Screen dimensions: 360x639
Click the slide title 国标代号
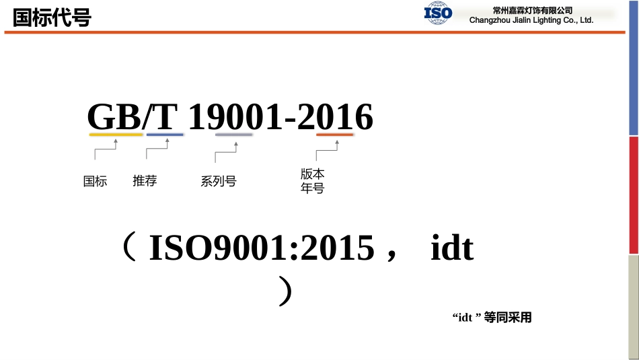[x=52, y=17]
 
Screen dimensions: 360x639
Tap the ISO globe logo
[x=438, y=13]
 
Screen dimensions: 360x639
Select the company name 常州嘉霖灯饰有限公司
[x=532, y=10]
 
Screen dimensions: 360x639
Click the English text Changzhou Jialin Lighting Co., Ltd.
[x=531, y=20]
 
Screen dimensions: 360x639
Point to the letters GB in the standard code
[x=114, y=118]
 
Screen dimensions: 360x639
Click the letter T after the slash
[x=165, y=118]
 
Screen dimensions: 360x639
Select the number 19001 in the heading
[x=235, y=118]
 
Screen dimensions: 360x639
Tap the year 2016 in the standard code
[x=335, y=118]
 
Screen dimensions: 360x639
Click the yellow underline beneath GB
[x=116, y=135]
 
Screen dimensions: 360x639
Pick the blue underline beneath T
[x=165, y=135]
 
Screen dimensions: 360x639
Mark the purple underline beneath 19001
[x=233, y=135]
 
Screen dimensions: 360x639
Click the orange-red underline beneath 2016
[x=335, y=135]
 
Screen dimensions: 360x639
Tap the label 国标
[x=95, y=181]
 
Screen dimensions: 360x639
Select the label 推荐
[x=145, y=180]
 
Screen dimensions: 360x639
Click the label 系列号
[x=219, y=181]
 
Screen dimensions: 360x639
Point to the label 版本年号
[x=313, y=181]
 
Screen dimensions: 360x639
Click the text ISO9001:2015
[x=261, y=248]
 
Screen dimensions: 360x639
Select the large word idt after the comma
[x=452, y=248]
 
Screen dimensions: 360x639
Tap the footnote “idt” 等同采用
[x=492, y=318]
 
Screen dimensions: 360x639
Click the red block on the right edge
[x=634, y=195]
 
